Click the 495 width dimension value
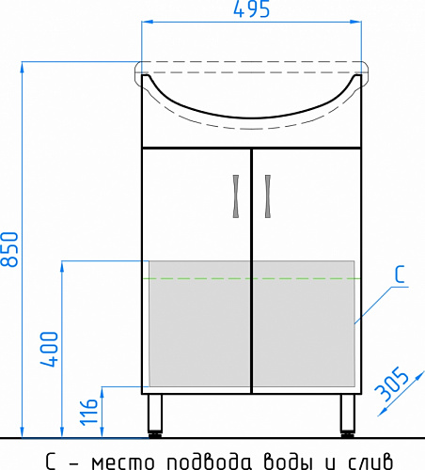[x=251, y=9]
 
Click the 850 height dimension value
[x=9, y=249]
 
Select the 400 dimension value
[x=49, y=349]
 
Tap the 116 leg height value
[x=89, y=412]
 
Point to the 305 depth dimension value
[x=392, y=384]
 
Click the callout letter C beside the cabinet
[x=400, y=274]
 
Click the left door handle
[x=236, y=196]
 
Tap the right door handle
[x=268, y=196]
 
